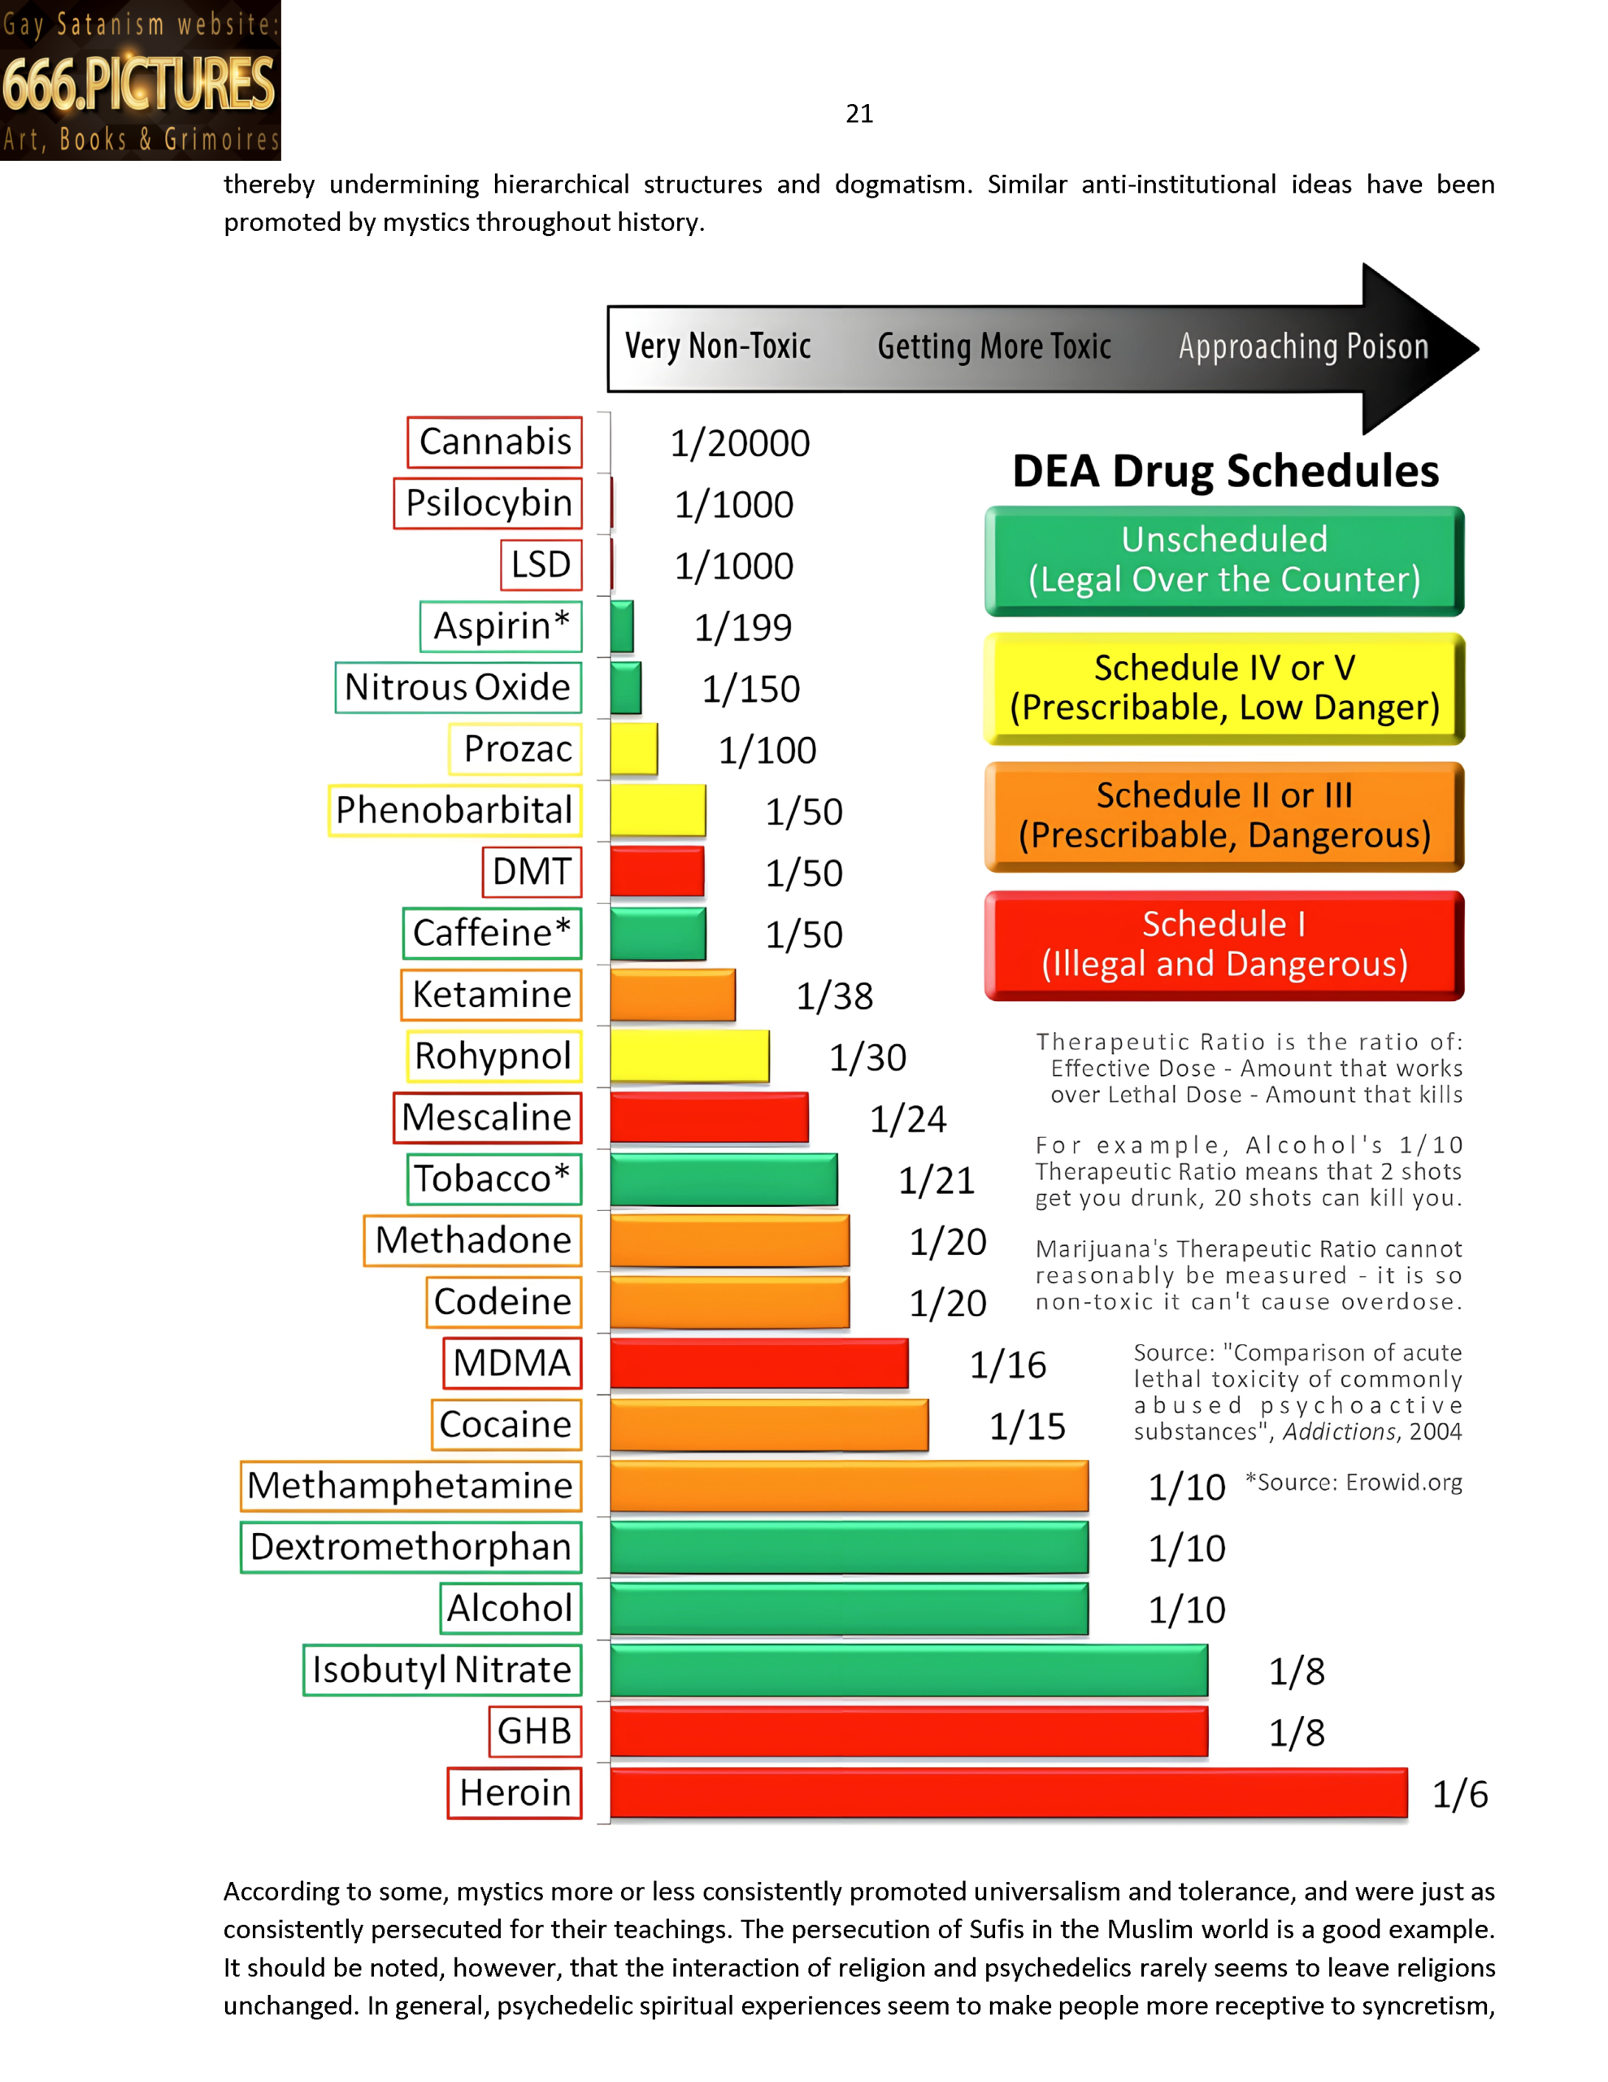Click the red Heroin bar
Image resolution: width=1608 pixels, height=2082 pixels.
tap(1007, 1793)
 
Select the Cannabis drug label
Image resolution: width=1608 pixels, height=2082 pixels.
tap(495, 442)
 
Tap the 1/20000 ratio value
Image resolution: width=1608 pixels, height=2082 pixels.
tap(740, 444)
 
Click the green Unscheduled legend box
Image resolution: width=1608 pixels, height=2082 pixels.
tap(1223, 560)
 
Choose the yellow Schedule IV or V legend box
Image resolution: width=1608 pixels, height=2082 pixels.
tap(1223, 688)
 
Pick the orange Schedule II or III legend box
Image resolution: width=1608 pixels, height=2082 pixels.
tap(1223, 816)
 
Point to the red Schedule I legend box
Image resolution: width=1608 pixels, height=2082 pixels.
tap(1223, 945)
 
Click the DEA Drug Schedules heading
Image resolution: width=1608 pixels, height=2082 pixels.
tap(1225, 472)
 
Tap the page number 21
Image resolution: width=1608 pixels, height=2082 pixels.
tap(858, 115)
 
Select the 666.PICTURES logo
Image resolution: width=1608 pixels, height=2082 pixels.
tap(140, 81)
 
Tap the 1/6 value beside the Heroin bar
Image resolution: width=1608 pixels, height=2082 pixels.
tap(1459, 1795)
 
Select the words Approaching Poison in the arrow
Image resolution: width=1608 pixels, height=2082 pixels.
tap(1303, 348)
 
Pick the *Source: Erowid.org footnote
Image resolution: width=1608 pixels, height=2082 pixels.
tap(1354, 1483)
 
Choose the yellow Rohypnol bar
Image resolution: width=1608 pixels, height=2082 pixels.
tap(689, 1056)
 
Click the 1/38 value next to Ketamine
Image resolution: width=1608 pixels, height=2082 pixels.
tap(834, 997)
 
